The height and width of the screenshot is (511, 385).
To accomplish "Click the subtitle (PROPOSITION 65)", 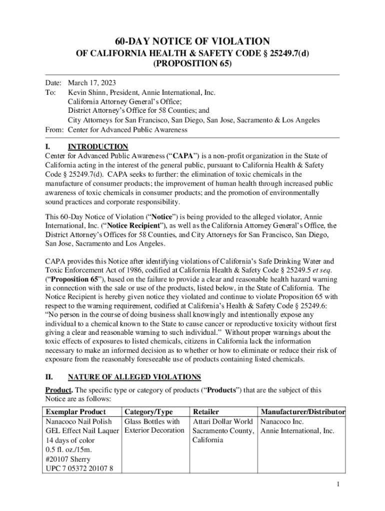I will click(x=192, y=65).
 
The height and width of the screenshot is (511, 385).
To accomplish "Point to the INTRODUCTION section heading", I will click(x=98, y=147).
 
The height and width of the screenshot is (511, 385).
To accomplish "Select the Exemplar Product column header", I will click(x=75, y=412).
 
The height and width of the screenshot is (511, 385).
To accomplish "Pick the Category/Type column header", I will click(x=148, y=412).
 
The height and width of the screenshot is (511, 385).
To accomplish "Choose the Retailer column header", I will click(x=205, y=412).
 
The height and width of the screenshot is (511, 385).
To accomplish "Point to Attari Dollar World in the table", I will click(x=223, y=422).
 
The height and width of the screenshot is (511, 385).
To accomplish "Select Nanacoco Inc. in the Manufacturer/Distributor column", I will click(x=282, y=422).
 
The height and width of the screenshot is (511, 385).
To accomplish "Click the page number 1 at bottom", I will click(x=338, y=485).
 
